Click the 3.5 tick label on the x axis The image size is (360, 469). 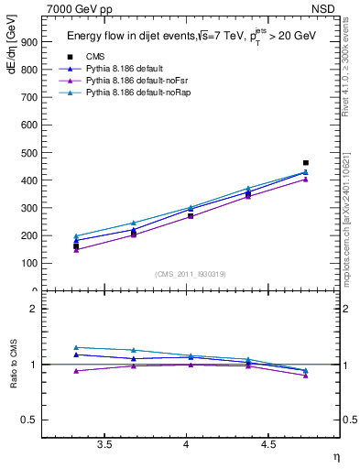click(104, 444)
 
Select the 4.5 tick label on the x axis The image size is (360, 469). click(268, 444)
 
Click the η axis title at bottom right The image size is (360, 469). click(335, 457)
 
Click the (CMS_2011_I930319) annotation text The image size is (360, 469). click(191, 272)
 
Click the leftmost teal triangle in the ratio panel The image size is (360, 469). click(76, 347)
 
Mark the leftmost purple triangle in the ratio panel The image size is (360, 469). click(76, 371)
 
